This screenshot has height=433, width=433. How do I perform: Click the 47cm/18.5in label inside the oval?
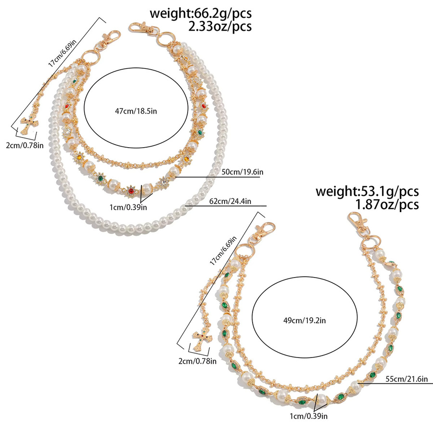[x=136, y=111]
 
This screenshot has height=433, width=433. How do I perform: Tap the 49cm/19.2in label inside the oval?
[x=305, y=320]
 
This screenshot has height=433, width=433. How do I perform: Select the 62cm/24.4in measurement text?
[x=230, y=201]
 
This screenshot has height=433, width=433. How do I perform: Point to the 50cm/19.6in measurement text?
[x=242, y=172]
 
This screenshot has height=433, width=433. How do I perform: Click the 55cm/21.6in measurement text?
[x=407, y=379]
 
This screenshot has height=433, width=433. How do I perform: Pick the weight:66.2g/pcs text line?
[x=201, y=13]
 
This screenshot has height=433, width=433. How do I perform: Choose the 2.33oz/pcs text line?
[x=220, y=26]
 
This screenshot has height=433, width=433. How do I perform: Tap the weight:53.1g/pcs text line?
[x=367, y=191]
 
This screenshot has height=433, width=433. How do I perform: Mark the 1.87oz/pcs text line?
[x=387, y=204]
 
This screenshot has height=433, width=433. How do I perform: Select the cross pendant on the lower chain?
[x=203, y=341]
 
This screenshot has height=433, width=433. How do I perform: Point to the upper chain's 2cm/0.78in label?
[x=25, y=145]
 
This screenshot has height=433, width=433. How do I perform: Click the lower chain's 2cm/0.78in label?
[x=197, y=361]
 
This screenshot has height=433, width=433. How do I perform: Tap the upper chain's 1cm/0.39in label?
[x=128, y=207]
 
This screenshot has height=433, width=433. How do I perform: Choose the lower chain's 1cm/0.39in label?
[x=309, y=416]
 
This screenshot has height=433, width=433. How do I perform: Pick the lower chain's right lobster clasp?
[x=358, y=222]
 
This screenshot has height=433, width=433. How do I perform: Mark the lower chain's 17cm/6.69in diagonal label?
[x=223, y=251]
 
